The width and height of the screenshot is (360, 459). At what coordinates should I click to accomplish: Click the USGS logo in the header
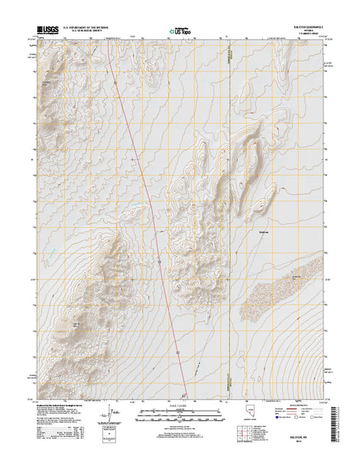pos(47,33)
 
